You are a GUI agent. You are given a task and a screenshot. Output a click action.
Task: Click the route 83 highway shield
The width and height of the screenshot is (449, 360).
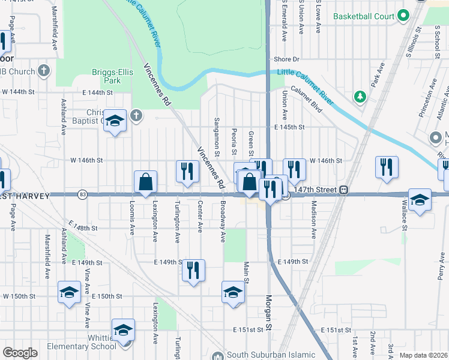[x=82, y=194]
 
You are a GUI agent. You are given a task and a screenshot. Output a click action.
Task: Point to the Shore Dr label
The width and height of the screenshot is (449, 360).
[x=286, y=59]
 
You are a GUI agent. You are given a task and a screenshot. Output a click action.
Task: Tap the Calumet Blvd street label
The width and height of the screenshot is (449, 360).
[x=306, y=100]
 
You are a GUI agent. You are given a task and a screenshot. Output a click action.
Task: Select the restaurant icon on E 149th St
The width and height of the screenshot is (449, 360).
[x=193, y=270]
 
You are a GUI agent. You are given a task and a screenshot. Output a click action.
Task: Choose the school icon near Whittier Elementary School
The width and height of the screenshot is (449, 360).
[x=124, y=331]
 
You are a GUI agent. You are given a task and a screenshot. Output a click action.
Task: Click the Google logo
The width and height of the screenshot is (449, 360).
[x=20, y=353]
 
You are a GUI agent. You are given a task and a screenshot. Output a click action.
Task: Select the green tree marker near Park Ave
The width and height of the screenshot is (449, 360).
[x=360, y=97]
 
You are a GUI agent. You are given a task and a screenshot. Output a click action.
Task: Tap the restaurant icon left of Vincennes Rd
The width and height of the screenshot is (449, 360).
[x=187, y=171]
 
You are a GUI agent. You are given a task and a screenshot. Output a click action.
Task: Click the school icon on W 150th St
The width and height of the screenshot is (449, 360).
[x=69, y=293]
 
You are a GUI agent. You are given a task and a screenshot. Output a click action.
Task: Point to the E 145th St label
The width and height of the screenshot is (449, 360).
[x=290, y=127]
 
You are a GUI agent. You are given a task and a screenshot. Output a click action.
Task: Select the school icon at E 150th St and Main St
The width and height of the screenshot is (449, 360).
[x=233, y=292]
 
